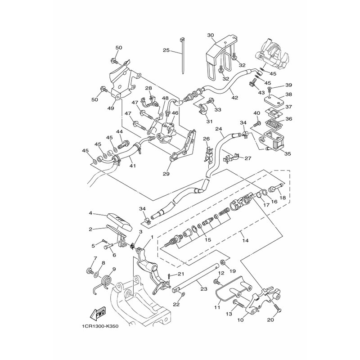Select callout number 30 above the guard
coord(211,36)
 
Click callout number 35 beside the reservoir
coord(288,153)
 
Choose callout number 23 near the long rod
coord(203,289)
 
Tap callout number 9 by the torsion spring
coord(114,270)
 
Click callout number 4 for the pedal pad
coord(90,213)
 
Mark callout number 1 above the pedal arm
coord(152,237)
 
